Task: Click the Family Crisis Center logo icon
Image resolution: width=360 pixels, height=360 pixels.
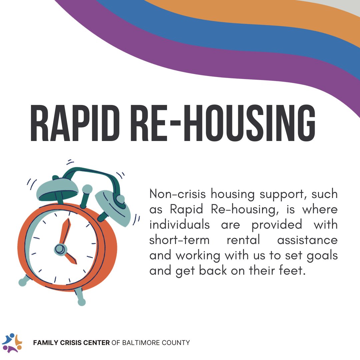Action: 12,343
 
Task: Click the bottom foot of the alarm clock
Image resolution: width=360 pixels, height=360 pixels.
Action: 81,302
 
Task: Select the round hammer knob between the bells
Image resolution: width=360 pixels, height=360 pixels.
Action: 87,189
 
